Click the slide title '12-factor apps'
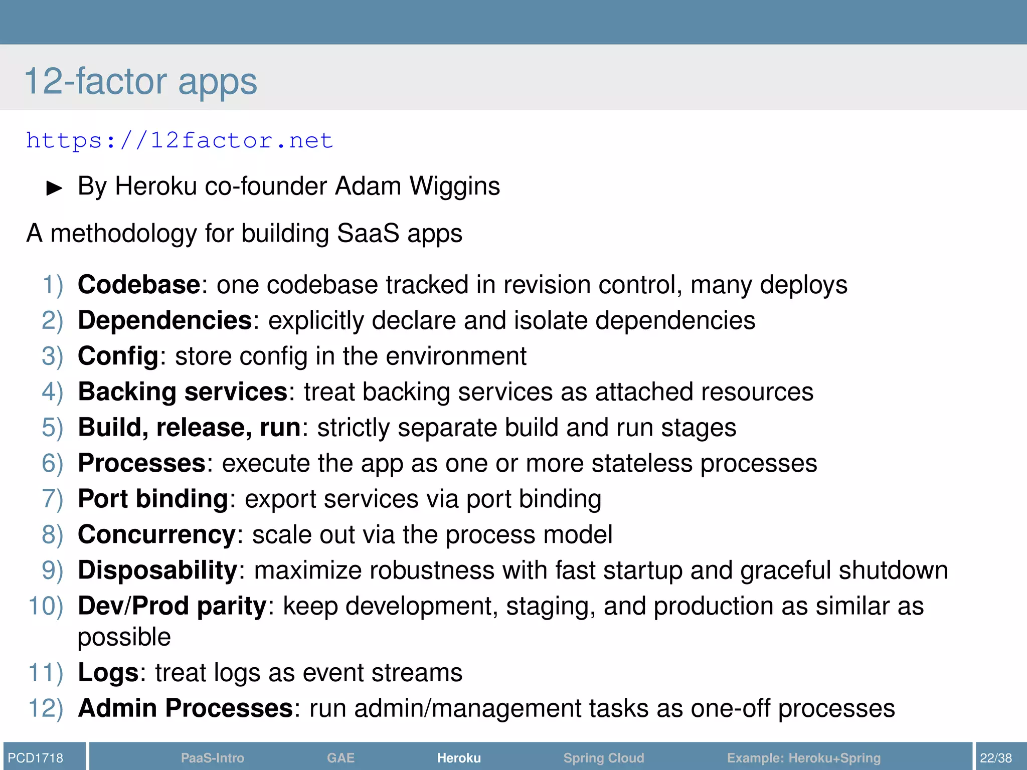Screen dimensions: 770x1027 point(140,81)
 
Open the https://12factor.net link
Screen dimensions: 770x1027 point(180,140)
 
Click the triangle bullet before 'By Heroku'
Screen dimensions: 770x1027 point(54,188)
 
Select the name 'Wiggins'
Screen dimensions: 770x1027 point(454,186)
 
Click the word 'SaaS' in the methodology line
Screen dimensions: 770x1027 point(368,233)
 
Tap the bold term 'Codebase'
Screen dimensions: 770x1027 point(139,285)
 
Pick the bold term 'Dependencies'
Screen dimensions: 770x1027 point(164,320)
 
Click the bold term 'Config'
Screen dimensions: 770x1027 point(118,356)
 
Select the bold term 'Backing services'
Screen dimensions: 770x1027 point(183,392)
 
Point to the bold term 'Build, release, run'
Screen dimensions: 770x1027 point(189,428)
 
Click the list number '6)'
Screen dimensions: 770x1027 point(52,463)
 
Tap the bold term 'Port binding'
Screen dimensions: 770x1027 point(153,499)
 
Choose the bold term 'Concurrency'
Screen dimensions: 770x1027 point(156,534)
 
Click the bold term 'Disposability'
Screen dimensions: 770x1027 point(157,570)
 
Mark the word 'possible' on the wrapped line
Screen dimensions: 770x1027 point(124,638)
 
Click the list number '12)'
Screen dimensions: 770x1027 point(46,708)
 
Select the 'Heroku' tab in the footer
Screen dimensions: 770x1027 point(459,758)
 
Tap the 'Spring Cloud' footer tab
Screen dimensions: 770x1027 point(603,758)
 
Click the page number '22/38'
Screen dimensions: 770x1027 point(996,758)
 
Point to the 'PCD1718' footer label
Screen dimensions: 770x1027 point(36,758)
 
